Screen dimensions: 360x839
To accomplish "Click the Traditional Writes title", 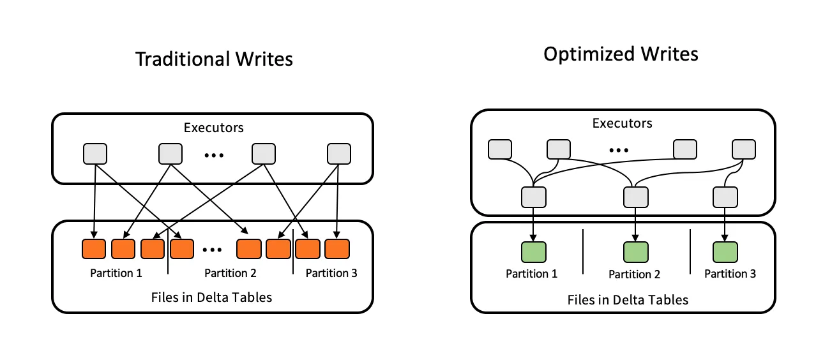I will pos(214,59).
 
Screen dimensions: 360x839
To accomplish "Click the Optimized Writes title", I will pos(621,54).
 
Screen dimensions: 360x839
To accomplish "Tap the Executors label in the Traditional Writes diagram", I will pos(214,128).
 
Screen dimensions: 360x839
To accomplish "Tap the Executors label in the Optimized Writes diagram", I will pos(623,123).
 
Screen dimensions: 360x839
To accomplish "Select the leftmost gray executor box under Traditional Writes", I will pos(95,154).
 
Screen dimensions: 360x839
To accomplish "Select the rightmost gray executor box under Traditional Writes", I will pos(338,154).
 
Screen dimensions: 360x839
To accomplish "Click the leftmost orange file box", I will pos(94,249).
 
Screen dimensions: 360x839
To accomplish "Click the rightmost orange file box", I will pos(337,249).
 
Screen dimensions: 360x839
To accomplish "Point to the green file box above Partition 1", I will pos(533,251).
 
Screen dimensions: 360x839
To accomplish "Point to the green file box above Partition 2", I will pos(635,251).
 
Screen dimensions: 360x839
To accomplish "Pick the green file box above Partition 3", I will pos(725,251).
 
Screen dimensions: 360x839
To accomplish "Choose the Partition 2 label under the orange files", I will pos(230,273).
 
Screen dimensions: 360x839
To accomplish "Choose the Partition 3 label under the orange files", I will pos(331,273).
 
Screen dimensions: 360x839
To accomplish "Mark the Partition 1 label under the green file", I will pos(531,274).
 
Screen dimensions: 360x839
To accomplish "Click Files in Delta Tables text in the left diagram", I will pos(211,297).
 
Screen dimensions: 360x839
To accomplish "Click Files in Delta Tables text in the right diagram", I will pos(628,299).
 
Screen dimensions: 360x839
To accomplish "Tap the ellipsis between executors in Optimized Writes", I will pos(618,150).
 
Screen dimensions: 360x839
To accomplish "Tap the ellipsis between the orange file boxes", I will pos(212,249).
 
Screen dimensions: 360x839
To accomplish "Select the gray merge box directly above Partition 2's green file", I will pos(635,197).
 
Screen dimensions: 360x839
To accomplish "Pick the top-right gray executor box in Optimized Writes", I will pos(744,149).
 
